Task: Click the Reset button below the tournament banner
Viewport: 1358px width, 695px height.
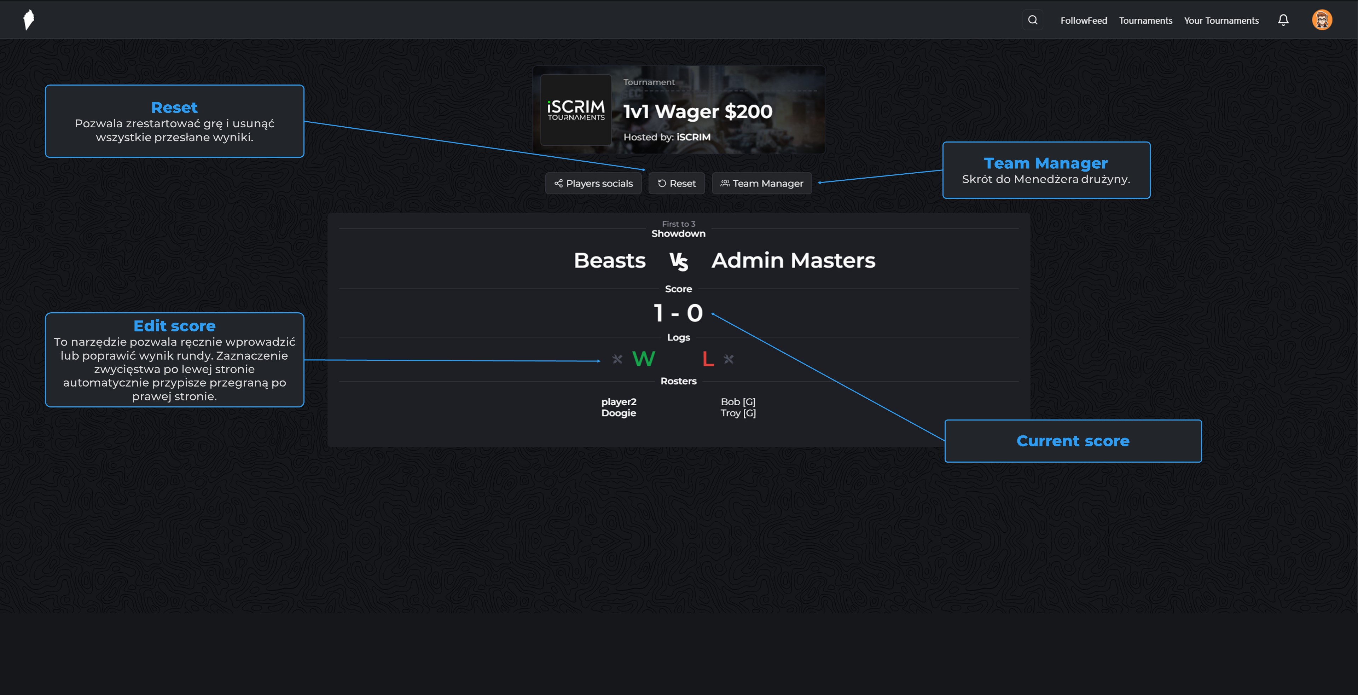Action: (677, 184)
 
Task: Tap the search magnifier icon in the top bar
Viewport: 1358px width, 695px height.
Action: (1033, 20)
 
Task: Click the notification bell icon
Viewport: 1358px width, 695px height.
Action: (1283, 20)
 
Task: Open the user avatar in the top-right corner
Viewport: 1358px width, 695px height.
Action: (1322, 20)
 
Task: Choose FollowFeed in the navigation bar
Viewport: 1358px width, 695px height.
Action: (1083, 21)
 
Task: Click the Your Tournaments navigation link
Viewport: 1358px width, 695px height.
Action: (1221, 21)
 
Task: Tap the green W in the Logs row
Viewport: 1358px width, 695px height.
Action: (643, 359)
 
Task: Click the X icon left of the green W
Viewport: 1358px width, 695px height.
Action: (617, 359)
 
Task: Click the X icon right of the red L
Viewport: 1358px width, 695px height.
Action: (729, 359)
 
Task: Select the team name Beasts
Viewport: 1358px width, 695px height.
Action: (609, 261)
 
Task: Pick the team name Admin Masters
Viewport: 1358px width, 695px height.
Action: (793, 261)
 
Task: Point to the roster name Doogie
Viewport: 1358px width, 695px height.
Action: (619, 413)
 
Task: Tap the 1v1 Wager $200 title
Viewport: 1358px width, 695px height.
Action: (697, 111)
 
